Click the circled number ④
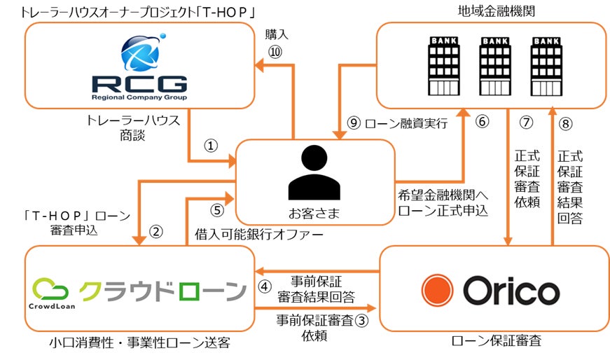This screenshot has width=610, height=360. (265, 286)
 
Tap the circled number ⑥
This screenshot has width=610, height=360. (482, 121)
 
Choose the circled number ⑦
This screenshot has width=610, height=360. (527, 122)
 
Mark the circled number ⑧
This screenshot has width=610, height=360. (566, 122)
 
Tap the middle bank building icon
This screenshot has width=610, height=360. (490, 66)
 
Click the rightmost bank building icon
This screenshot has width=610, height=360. (542, 66)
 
